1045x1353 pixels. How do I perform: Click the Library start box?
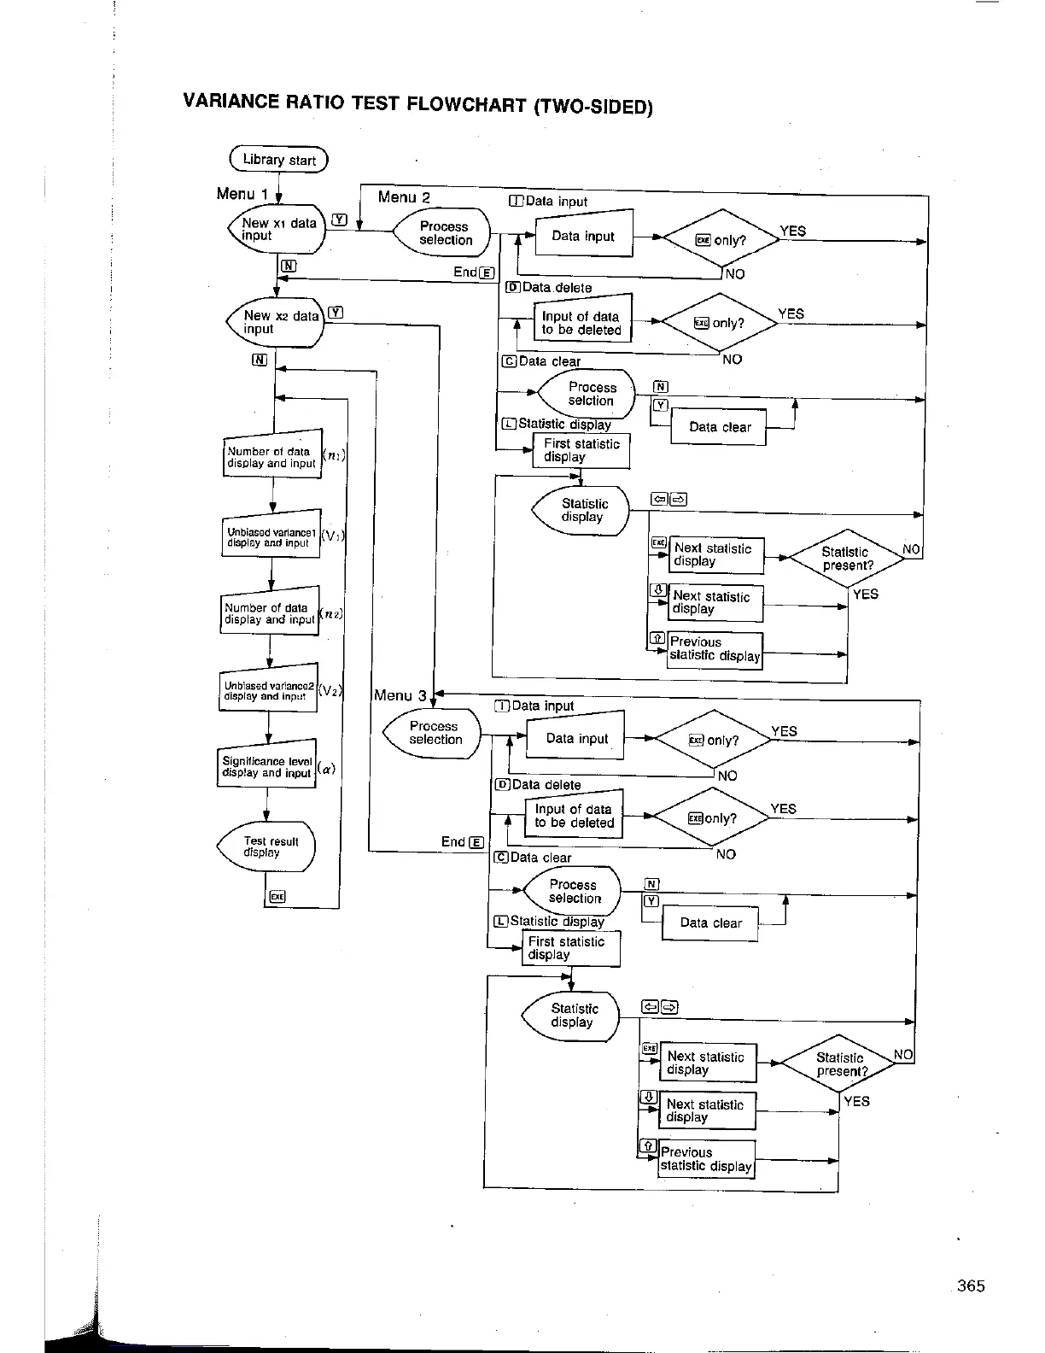pyautogui.click(x=278, y=160)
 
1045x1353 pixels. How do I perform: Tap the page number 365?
pyautogui.click(x=971, y=1286)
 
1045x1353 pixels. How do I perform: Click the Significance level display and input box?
pyautogui.click(x=267, y=766)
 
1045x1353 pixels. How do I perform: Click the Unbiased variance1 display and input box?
pyautogui.click(x=271, y=537)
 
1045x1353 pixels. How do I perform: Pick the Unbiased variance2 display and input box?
pyautogui.click(x=268, y=690)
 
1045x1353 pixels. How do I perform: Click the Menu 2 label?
pyautogui.click(x=404, y=197)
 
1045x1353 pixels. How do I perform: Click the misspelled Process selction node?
pyautogui.click(x=590, y=394)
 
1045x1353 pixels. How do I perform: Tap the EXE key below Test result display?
pyautogui.click(x=277, y=896)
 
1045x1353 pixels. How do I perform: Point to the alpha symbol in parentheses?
pyautogui.click(x=327, y=769)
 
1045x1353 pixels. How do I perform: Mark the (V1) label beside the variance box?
pyautogui.click(x=332, y=536)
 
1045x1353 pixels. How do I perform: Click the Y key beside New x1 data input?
pyautogui.click(x=339, y=220)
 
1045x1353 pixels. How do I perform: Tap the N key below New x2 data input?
pyautogui.click(x=260, y=360)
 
